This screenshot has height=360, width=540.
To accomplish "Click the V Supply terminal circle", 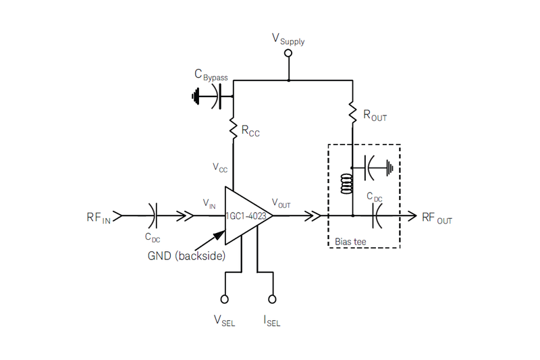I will tap(288, 53).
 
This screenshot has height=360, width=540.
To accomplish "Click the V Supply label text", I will tap(288, 39).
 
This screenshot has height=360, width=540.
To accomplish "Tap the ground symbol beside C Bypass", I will tap(196, 97).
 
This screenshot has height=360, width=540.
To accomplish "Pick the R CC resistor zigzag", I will tap(233, 128).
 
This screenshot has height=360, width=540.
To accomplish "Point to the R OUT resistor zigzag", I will tap(352, 112).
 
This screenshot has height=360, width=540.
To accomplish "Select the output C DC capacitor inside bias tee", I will tap(375, 215).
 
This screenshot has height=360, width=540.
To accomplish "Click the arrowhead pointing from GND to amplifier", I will tap(221, 234).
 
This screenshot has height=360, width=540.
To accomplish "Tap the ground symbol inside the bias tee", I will tap(389, 165).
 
